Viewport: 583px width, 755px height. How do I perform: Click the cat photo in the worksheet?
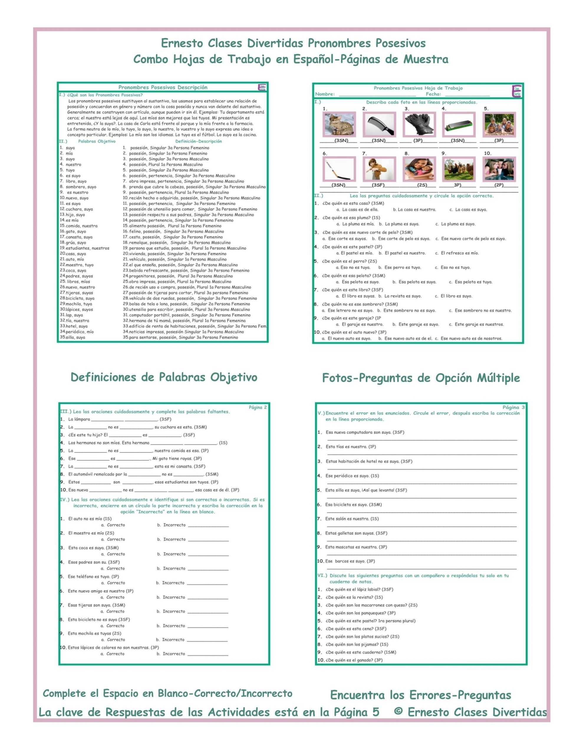tap(339, 124)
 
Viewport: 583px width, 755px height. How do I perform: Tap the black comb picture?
tap(379, 124)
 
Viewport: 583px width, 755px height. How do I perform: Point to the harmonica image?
tap(459, 124)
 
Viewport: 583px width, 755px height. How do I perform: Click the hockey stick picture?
tap(339, 169)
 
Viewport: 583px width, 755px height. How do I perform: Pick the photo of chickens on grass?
tap(459, 169)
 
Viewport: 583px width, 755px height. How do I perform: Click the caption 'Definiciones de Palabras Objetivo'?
tap(164, 377)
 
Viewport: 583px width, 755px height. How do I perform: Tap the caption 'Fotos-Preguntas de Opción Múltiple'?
tap(421, 378)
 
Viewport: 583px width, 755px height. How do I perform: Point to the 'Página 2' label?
tap(258, 407)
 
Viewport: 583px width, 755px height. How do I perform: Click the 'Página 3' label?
tap(513, 407)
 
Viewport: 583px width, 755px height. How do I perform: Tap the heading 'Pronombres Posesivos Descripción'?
tap(163, 88)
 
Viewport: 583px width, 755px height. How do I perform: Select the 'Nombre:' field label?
tap(325, 94)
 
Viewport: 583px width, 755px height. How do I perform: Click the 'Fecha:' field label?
tap(433, 94)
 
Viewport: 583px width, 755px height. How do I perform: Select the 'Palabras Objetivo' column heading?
tap(97, 141)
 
